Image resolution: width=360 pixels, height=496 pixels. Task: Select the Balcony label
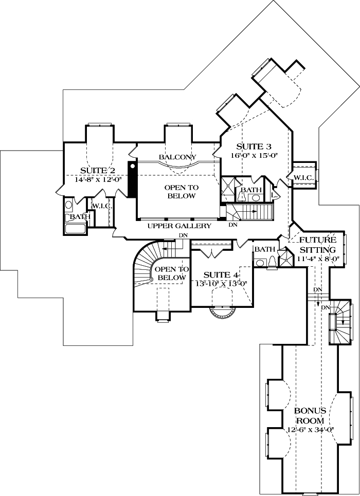tap(177, 157)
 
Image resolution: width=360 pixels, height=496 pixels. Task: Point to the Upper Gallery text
tap(179, 226)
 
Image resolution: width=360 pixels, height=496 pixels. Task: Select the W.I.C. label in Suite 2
tap(99, 206)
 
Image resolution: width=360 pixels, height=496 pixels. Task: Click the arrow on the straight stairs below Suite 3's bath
tap(253, 210)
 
